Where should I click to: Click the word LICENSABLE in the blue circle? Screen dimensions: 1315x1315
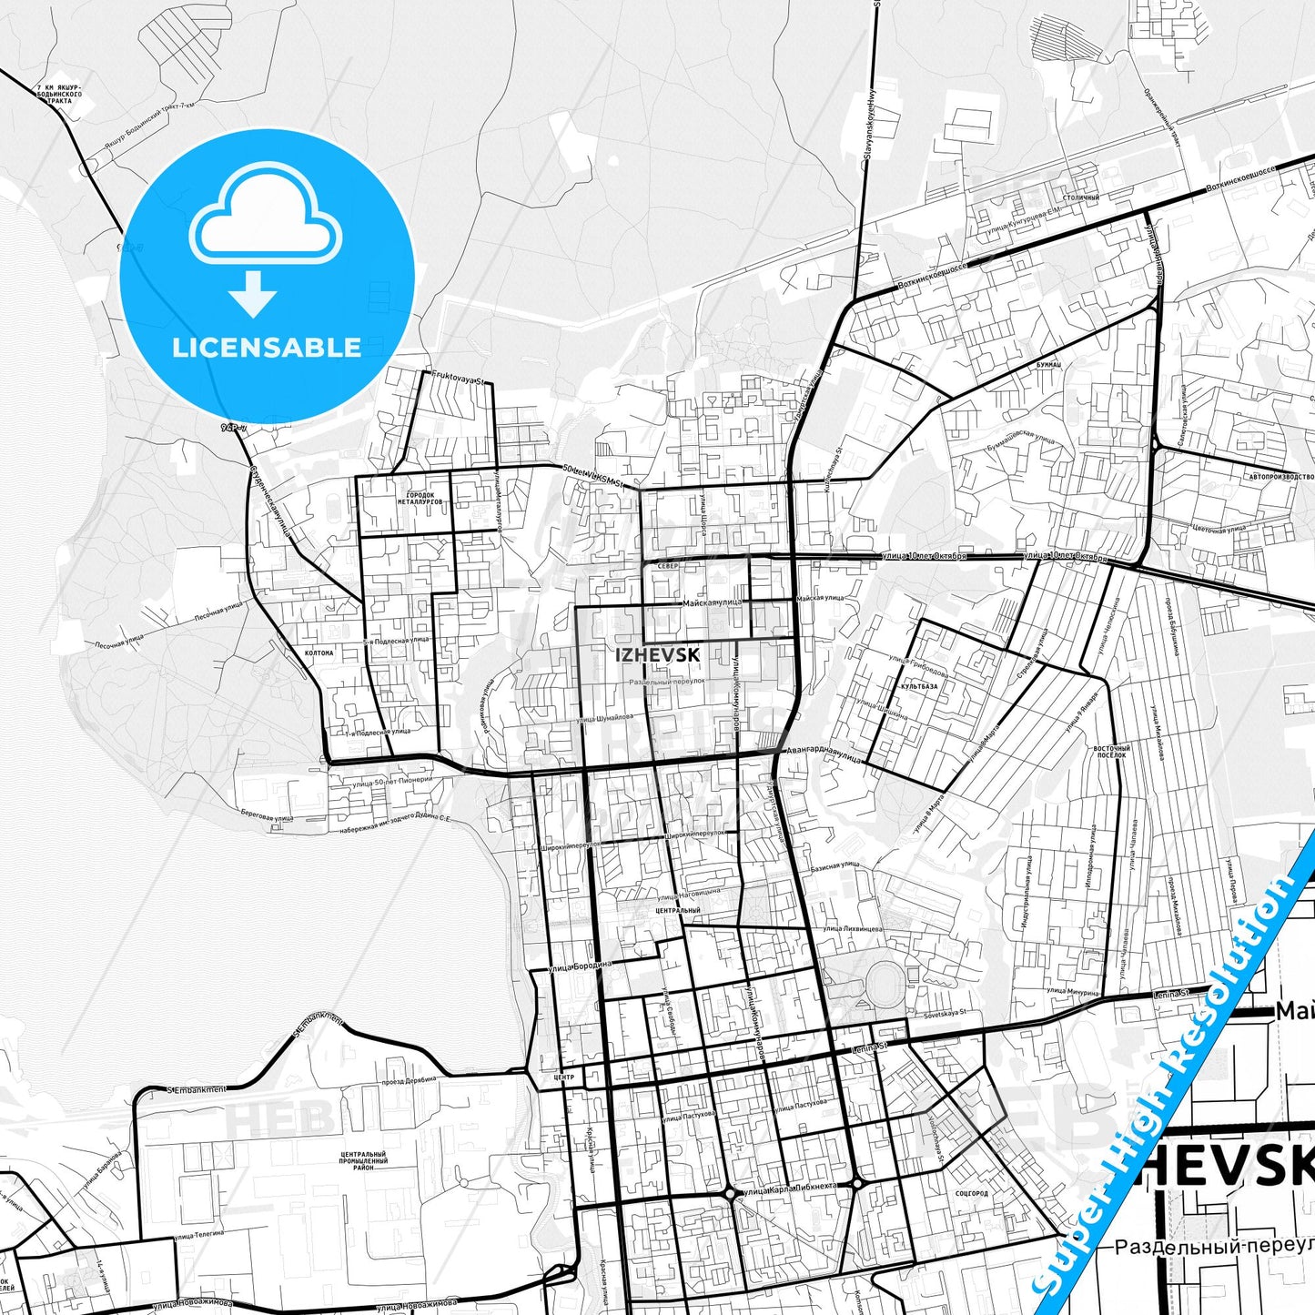coord(267,348)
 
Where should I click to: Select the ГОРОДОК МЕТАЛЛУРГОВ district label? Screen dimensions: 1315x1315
coord(420,499)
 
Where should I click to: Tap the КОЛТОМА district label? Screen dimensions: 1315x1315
coord(319,652)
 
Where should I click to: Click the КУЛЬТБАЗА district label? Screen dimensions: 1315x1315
coord(918,687)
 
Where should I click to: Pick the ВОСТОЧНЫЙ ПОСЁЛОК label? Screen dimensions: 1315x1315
coord(1110,751)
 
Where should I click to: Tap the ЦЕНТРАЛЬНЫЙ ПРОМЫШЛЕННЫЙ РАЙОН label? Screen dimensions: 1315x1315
coord(363,1160)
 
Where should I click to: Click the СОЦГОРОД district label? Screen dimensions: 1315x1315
coord(972,1193)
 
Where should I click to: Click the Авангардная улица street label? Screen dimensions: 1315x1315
coord(823,754)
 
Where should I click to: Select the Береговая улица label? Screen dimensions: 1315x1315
coord(267,817)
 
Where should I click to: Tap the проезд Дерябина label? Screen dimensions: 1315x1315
coord(409,1081)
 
